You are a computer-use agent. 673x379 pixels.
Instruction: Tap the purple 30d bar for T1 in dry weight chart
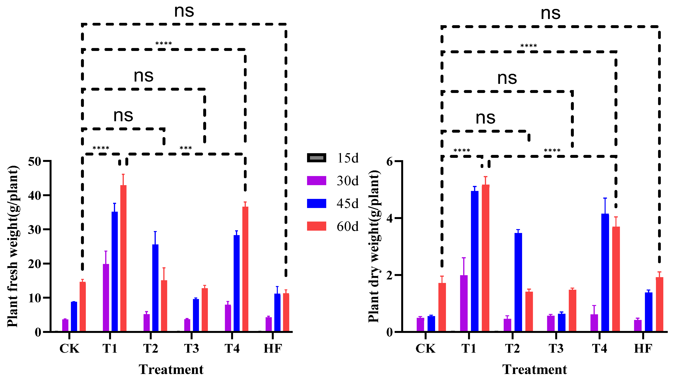click(464, 303)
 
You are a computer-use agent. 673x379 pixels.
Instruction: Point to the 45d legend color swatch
click(316, 204)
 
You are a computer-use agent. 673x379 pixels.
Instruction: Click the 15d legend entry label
click(348, 158)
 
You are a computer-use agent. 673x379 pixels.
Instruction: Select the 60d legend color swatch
click(316, 226)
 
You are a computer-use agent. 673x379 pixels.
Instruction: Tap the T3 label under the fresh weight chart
click(191, 348)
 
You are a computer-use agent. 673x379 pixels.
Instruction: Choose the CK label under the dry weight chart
click(425, 348)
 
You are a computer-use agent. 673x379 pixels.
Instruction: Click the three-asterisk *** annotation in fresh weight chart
click(186, 148)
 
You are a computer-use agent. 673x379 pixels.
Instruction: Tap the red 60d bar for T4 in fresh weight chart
click(245, 269)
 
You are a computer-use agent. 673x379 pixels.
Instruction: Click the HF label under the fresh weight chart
click(273, 348)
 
